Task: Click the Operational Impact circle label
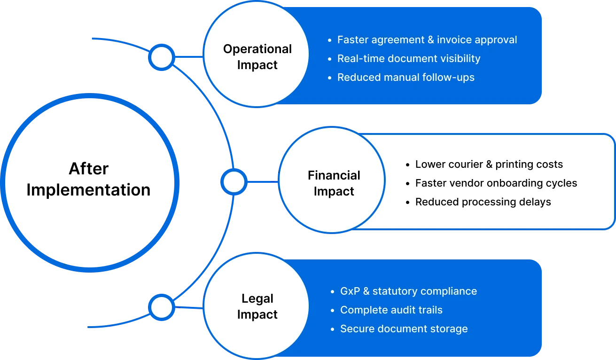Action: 257,57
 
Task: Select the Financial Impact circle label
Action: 334,183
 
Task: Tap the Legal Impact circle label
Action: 257,306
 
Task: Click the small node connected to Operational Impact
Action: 162,57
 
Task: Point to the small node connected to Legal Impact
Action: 162,308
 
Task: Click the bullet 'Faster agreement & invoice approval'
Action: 427,40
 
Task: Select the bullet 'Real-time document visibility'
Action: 408,59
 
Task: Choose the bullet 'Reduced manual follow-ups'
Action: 405,78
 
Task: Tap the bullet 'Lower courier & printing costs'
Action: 489,164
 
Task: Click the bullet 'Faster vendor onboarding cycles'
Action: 496,183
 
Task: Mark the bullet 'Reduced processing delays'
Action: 483,202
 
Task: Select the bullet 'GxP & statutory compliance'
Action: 408,291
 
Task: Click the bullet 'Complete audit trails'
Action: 391,310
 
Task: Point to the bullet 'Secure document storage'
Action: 404,329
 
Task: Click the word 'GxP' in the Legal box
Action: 350,291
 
